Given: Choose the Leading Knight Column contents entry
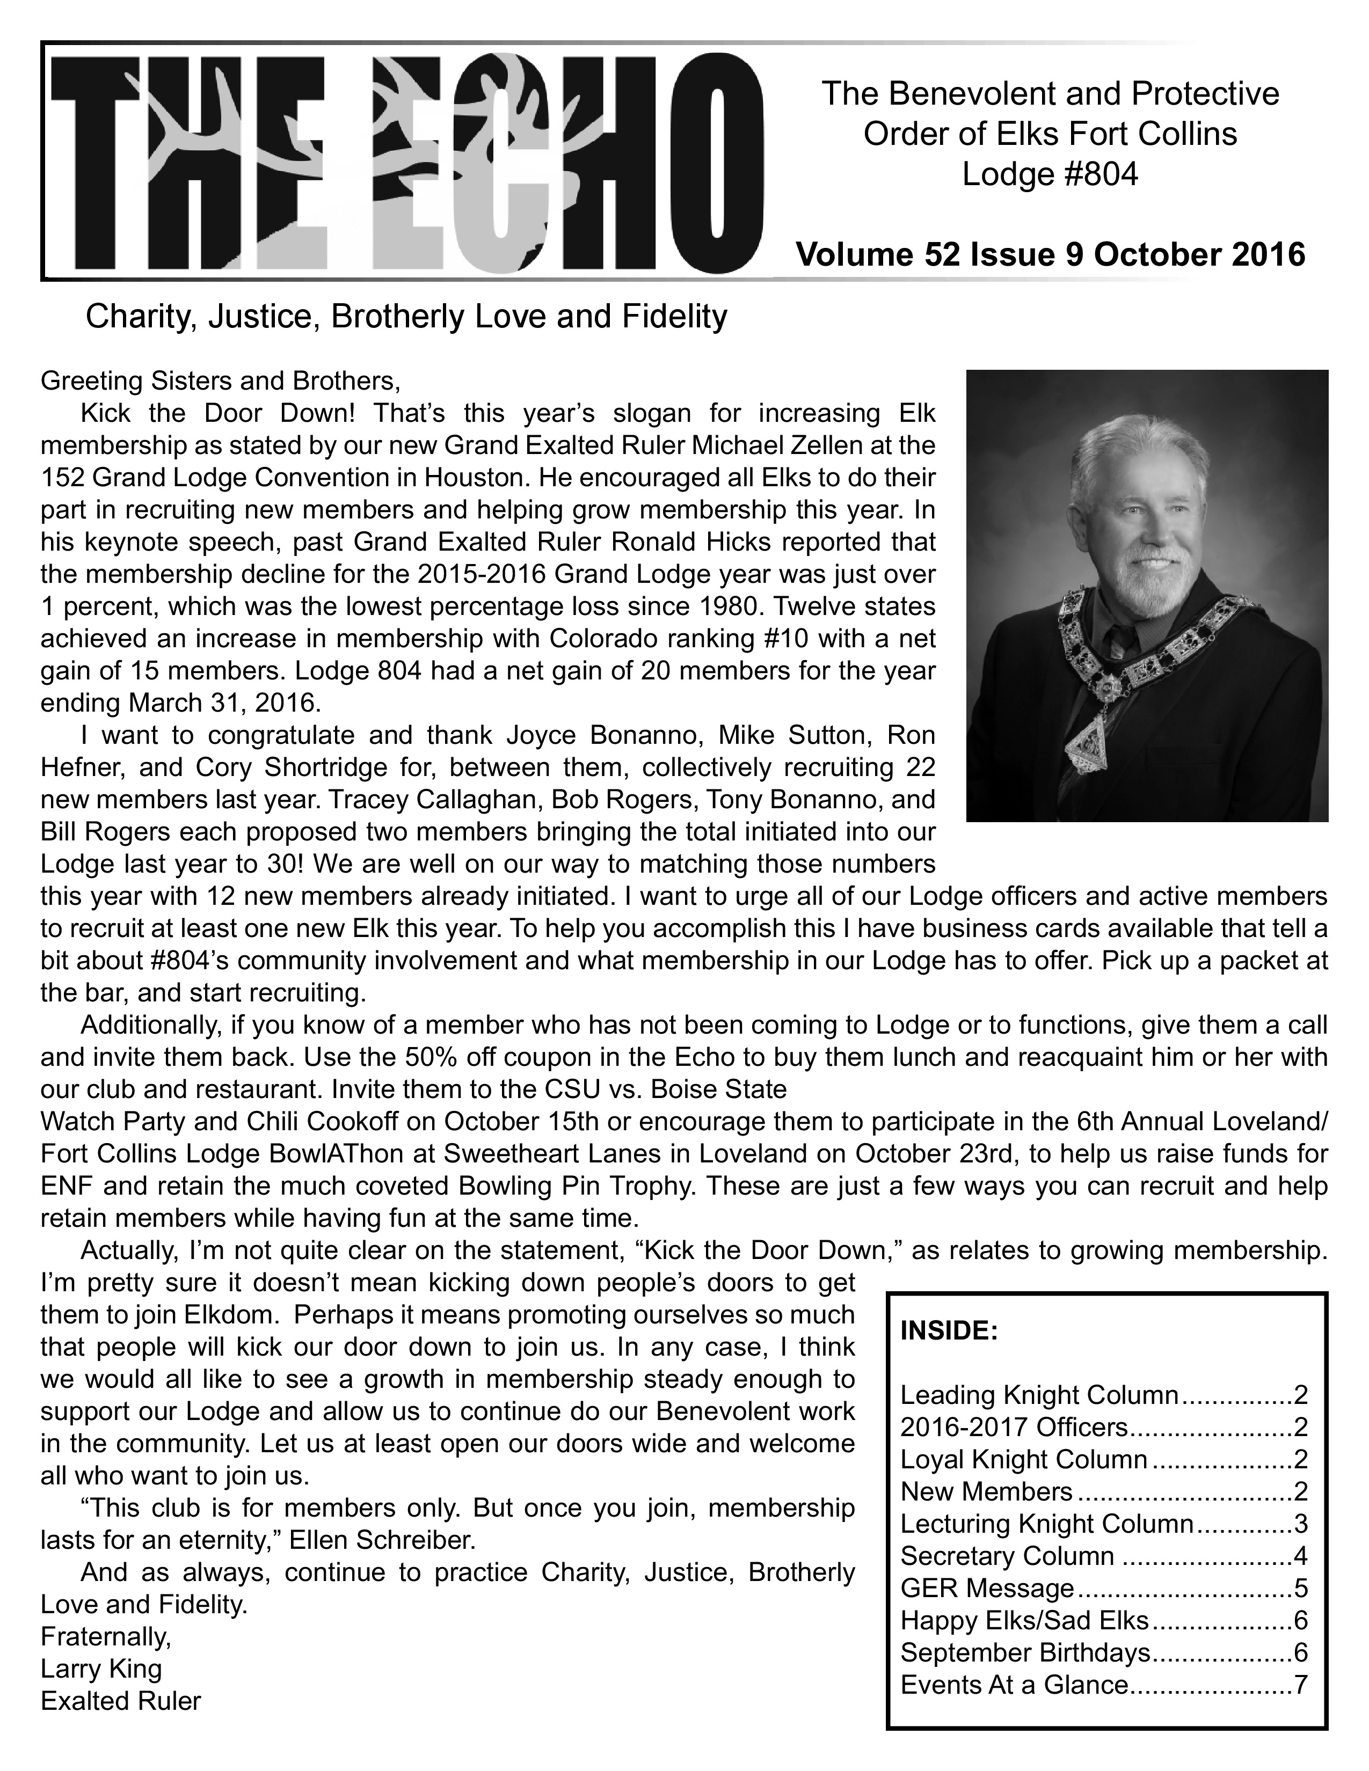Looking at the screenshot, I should tap(1039, 1395).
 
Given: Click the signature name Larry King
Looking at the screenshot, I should tap(101, 1668).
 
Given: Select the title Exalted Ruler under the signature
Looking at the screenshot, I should tap(121, 1701).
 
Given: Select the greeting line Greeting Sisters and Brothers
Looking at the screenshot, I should tap(221, 381).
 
